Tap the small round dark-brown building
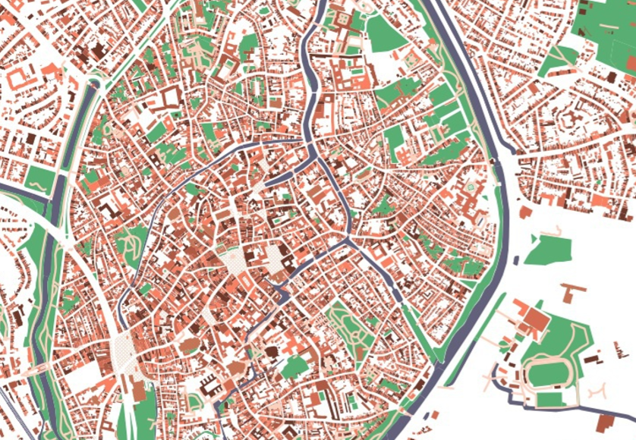tap(272, 351)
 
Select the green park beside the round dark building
tap(294, 367)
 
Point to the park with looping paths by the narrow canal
tap(131, 241)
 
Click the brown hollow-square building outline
tap(168, 96)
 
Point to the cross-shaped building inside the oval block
tap(568, 119)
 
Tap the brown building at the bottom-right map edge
tap(607, 423)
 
